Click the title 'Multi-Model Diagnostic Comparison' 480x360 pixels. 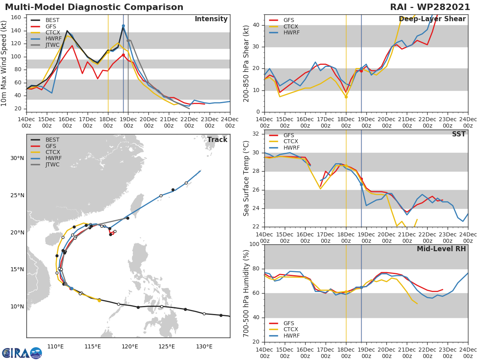pos(94,7)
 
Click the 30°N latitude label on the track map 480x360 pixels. pos(17,158)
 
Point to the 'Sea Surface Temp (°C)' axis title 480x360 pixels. pos(246,178)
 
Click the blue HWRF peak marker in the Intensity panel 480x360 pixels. pos(123,26)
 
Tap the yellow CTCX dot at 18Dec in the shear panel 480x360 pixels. pos(346,97)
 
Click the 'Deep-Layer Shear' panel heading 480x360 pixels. pos(432,19)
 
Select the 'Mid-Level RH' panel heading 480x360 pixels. pos(441,249)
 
